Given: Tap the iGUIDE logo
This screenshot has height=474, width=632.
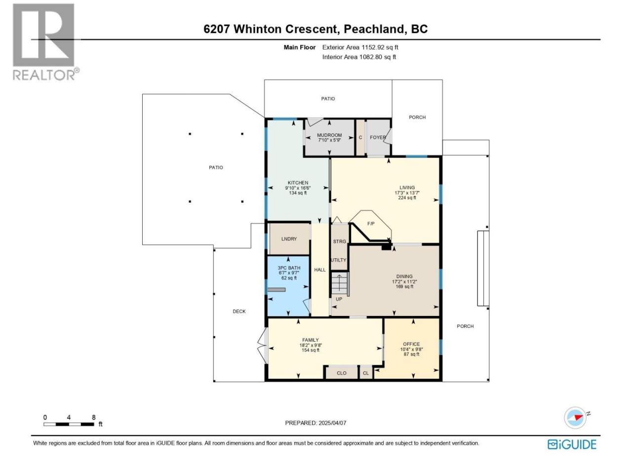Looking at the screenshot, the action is coord(572,444).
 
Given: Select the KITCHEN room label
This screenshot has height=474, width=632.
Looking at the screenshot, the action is coord(298,183).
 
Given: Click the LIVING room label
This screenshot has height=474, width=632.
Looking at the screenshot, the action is coord(407,187).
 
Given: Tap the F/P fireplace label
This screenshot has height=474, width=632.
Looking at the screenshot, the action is coord(371,223).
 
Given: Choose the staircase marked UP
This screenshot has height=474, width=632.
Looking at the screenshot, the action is coord(340,284).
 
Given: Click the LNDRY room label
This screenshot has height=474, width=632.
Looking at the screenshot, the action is coord(289,239).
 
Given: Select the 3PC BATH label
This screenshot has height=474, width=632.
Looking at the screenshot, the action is coord(289,268).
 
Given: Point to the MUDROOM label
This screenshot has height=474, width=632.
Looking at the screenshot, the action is coord(329,135).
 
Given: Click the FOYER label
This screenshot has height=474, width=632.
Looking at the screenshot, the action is coord(378,137).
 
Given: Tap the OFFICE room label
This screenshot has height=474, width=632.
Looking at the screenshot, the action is coord(411,344).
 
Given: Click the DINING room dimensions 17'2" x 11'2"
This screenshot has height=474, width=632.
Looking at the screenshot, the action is coord(404,281).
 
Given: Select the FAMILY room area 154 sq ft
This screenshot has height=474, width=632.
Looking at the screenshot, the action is coord(311,350).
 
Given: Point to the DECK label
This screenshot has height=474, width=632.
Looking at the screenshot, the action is coord(239,312).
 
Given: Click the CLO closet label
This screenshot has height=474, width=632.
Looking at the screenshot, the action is coord(342,373).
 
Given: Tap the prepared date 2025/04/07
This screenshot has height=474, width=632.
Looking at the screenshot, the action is coord(332,423).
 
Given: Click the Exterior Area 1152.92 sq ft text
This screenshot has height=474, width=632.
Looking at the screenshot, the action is coord(360,47).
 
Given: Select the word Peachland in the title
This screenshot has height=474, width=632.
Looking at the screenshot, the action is coord(373,29).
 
